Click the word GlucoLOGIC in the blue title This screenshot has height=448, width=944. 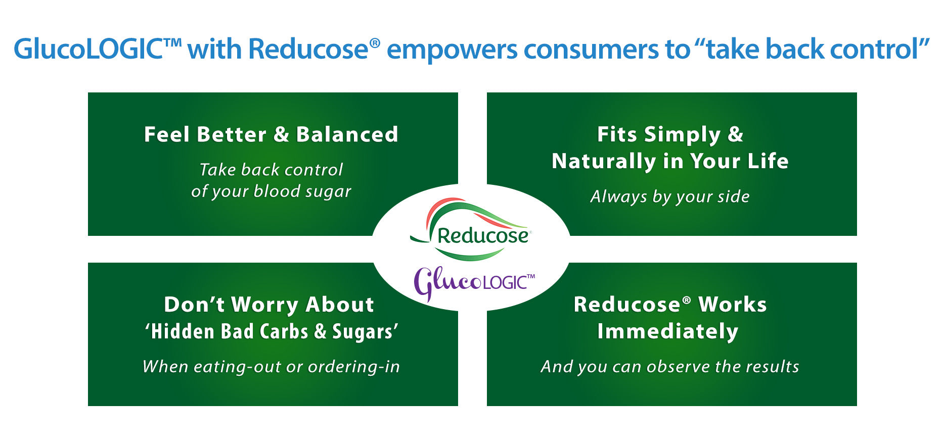pos(88,49)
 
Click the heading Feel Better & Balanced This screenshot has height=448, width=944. pos(271,134)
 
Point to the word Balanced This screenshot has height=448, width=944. pos(347,134)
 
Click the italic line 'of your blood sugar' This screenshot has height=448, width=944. pos(271,191)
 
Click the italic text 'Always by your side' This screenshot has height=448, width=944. pos(670,196)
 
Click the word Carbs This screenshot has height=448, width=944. pos(284,331)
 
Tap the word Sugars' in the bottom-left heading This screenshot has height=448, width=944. pos(365,331)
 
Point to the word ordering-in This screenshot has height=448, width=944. pos(354,367)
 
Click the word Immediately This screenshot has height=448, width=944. pos(667,332)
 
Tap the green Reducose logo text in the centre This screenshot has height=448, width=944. pos(482,235)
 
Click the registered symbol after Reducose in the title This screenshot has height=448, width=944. pos(375,42)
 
